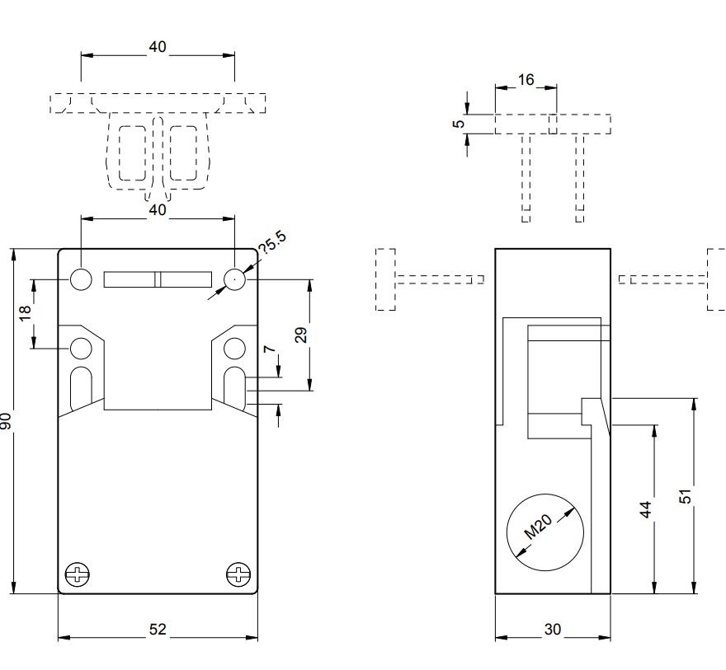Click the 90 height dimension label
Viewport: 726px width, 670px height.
[6, 421]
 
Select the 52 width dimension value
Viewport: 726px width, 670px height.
[158, 630]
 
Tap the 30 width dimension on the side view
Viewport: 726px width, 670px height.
[553, 630]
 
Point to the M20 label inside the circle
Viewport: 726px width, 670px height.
[539, 527]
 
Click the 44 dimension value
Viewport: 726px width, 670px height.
[646, 508]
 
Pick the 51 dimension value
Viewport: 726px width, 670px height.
[686, 495]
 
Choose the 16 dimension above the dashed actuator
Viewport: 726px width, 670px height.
[526, 80]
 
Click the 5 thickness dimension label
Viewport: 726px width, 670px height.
[458, 124]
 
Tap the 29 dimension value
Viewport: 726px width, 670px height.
[301, 335]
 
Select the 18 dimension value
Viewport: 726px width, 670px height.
[25, 312]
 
